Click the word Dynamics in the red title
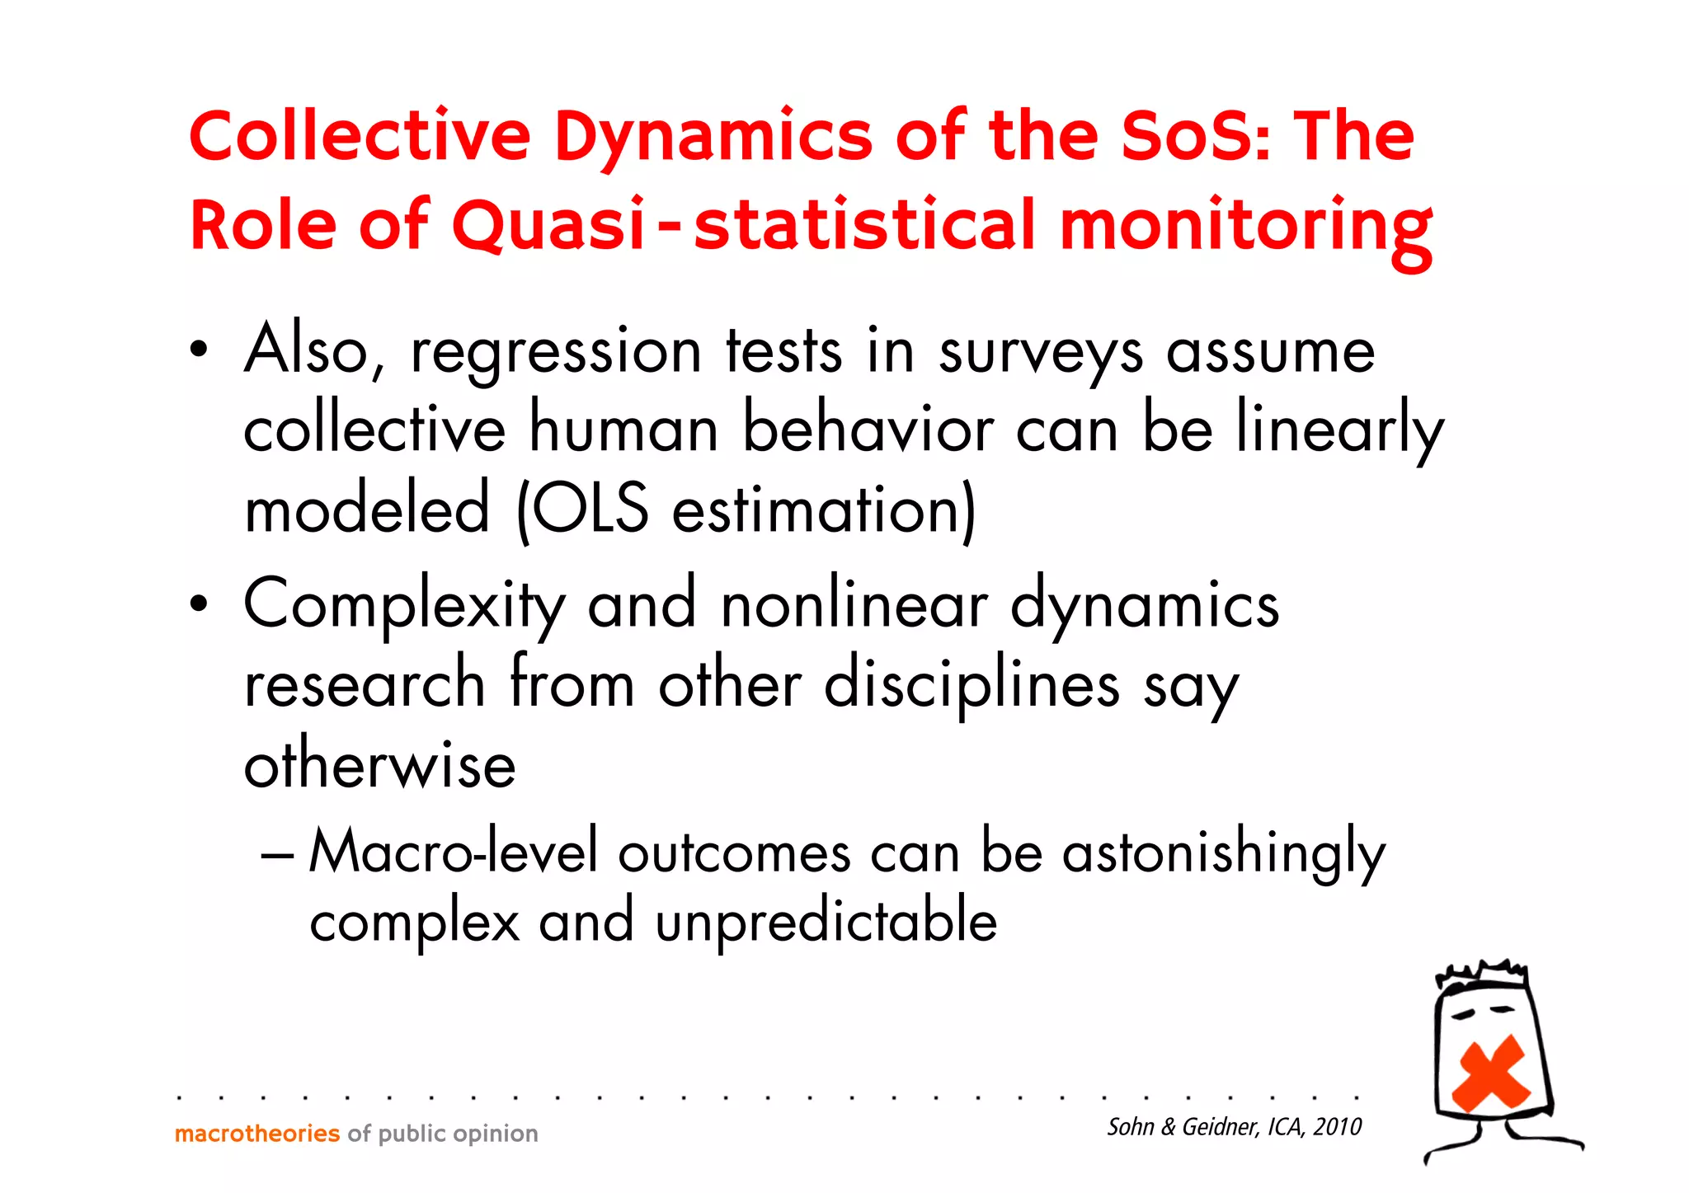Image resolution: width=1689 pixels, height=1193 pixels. point(713,137)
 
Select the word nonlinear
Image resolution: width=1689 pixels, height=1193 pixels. point(854,604)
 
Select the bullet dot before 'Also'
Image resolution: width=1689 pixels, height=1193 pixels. point(197,351)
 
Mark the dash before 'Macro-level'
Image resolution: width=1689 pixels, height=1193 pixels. point(276,855)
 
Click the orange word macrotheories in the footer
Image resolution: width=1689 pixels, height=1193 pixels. point(257,1134)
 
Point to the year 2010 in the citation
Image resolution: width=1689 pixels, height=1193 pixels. point(1337,1127)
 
